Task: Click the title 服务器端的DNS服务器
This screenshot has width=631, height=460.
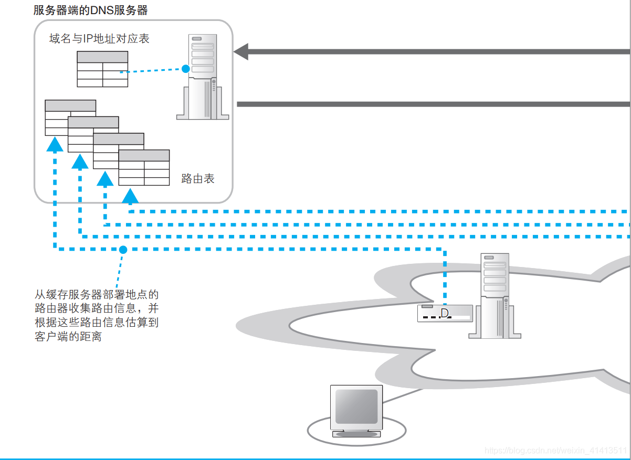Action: pyautogui.click(x=90, y=10)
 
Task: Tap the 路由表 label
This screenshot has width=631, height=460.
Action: pyautogui.click(x=198, y=178)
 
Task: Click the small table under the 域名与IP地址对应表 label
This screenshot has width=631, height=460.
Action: pyautogui.click(x=102, y=69)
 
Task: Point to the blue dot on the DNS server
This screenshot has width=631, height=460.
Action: pyautogui.click(x=185, y=68)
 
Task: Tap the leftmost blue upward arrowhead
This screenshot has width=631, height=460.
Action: pyautogui.click(x=55, y=144)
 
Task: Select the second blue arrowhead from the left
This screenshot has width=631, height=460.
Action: pyautogui.click(x=80, y=161)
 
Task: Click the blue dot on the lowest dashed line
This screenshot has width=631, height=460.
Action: pyautogui.click(x=123, y=250)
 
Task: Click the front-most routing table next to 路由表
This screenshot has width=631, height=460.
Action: pyautogui.click(x=144, y=168)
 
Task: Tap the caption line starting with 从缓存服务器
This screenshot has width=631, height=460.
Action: pyautogui.click(x=97, y=294)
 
